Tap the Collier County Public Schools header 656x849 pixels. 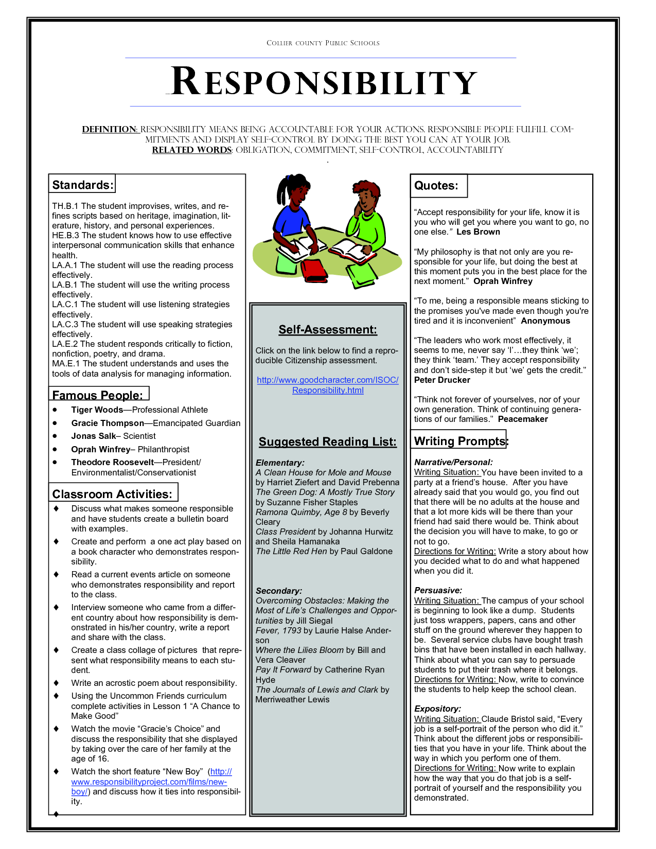323,43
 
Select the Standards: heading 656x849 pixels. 82,185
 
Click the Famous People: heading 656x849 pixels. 98,395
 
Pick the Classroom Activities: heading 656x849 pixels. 112,494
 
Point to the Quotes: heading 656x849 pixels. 436,186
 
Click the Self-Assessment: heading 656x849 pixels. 328,330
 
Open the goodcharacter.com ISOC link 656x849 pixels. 328,385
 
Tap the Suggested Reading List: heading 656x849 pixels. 328,441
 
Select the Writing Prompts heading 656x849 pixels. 459,441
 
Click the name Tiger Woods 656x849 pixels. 97,410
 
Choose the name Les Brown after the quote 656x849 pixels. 478,232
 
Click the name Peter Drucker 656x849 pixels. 442,380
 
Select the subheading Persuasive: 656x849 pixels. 438,590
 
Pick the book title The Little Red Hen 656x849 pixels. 291,551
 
